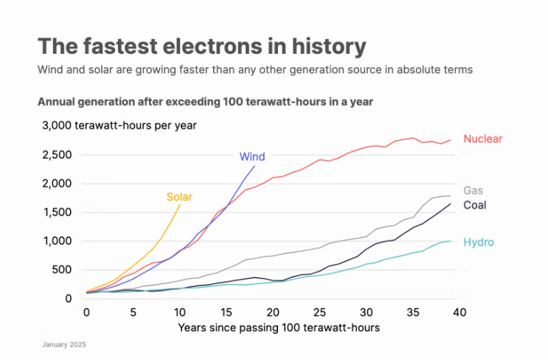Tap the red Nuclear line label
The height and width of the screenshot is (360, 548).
pos(482,139)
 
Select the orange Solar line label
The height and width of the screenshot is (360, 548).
pos(179,197)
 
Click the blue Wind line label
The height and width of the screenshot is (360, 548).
pos(252,156)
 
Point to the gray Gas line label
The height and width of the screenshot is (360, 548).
pos(473,190)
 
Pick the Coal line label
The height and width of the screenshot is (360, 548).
pos(474,205)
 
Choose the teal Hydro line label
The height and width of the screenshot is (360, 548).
pos(478,242)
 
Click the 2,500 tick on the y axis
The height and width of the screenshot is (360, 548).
pos(58,154)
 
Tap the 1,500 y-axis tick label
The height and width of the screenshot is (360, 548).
pos(58,212)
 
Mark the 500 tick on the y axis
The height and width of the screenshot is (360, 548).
pos(64,270)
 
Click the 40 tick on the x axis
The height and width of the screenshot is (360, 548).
pos(459,312)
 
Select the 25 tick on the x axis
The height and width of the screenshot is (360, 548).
pos(319,312)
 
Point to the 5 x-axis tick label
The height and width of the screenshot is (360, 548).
pos(133,312)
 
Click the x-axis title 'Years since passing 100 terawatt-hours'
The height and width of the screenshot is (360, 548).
pos(279,327)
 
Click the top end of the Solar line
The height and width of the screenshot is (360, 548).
pos(180,205)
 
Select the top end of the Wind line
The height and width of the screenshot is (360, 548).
pos(254,165)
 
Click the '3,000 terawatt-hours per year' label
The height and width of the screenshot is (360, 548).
pos(120,125)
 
